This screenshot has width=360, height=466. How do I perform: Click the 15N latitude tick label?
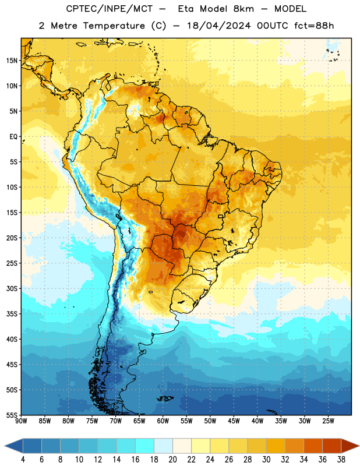[x=12, y=61]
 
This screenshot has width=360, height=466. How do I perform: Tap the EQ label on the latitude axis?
[x=13, y=137]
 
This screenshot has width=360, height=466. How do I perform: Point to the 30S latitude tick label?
[x=12, y=288]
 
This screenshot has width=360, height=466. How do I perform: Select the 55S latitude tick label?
[x=12, y=415]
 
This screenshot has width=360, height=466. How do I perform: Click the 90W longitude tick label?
[x=21, y=421]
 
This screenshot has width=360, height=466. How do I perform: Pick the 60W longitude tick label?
[x=163, y=421]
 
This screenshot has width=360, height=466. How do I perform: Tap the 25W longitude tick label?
[x=328, y=421]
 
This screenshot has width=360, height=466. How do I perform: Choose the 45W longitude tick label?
[x=234, y=421]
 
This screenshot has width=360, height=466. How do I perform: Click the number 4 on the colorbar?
[x=23, y=460]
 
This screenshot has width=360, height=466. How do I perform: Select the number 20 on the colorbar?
[x=172, y=460]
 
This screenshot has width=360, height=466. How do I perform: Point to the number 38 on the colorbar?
[x=341, y=460]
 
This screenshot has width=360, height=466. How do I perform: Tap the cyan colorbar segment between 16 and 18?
[x=145, y=446]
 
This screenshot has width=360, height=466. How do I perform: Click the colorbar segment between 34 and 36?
[x=313, y=446]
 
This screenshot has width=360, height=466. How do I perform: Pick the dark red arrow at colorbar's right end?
[x=350, y=446]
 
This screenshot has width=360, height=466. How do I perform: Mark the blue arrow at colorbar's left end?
[x=14, y=446]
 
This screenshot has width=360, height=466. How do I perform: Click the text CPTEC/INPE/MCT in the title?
[x=109, y=9]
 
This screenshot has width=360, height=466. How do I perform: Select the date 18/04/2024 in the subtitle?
[x=218, y=26]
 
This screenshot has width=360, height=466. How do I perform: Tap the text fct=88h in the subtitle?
[x=314, y=26]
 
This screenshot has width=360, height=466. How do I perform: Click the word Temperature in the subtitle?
[x=114, y=26]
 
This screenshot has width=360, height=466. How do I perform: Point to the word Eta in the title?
[x=186, y=9]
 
